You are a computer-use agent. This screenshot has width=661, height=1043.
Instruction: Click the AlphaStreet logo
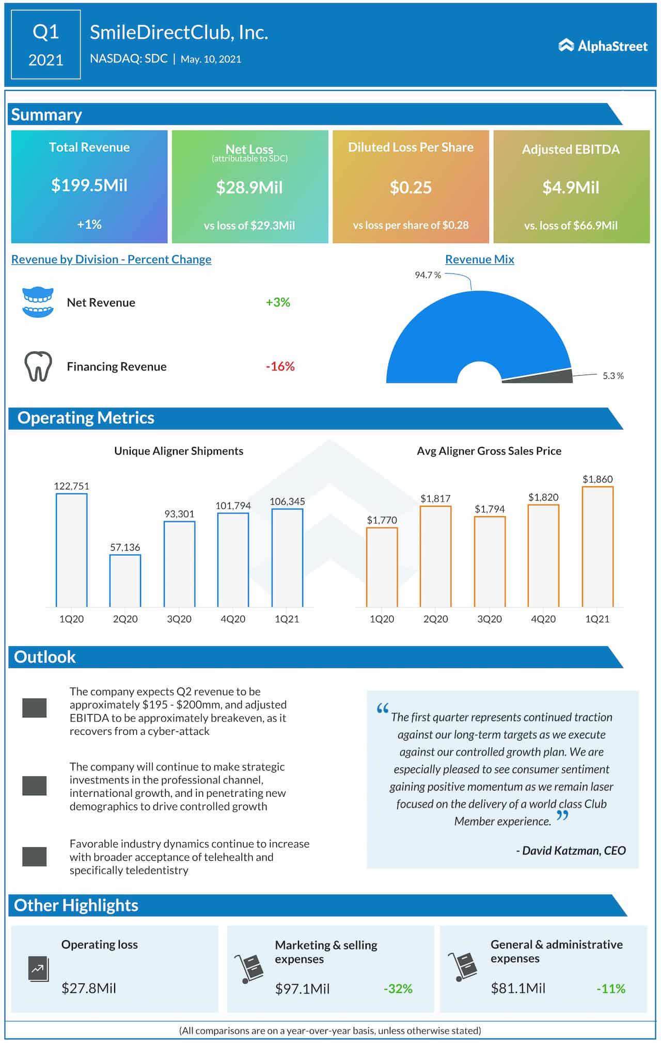(x=603, y=46)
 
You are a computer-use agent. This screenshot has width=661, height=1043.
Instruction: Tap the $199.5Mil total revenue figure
(x=89, y=185)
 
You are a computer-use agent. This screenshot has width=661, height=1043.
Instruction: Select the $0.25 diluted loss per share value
(x=411, y=187)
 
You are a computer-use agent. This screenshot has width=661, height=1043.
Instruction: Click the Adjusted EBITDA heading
(x=571, y=150)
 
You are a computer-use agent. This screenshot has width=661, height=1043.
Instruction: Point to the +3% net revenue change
(x=278, y=302)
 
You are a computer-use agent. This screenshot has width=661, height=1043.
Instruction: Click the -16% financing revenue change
(x=280, y=366)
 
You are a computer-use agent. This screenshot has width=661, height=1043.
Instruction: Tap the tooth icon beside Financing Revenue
(x=38, y=366)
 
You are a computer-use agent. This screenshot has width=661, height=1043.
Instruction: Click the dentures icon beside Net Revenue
(x=38, y=302)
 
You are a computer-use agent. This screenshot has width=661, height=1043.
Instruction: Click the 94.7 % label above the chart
(x=428, y=275)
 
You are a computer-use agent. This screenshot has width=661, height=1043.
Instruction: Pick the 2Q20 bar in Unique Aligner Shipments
(x=125, y=581)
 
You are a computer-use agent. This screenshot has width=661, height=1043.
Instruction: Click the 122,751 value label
(x=71, y=486)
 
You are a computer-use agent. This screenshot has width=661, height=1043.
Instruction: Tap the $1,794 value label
(x=490, y=509)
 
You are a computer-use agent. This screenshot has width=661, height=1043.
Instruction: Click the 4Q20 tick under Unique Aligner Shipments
(x=233, y=619)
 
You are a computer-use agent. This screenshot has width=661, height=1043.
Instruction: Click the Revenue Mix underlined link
(x=479, y=260)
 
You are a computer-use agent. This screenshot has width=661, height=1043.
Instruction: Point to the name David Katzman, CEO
(x=571, y=851)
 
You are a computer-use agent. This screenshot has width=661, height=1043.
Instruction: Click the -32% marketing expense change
(x=398, y=989)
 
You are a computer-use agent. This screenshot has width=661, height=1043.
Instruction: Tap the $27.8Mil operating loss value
(x=89, y=988)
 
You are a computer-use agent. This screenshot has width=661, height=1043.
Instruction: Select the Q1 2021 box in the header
(x=46, y=45)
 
